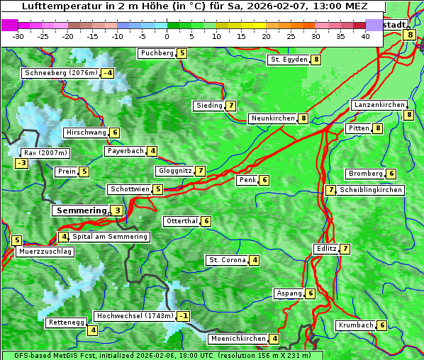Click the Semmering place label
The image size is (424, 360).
pyautogui.click(x=81, y=210)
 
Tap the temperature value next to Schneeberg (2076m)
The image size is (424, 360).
pyautogui.click(x=108, y=73)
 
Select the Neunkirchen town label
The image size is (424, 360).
pyautogui.click(x=273, y=118)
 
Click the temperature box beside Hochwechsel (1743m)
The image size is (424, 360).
pyautogui.click(x=184, y=315)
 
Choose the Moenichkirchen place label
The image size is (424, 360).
pyautogui.click(x=238, y=339)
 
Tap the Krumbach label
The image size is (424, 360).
pyautogui.click(x=355, y=325)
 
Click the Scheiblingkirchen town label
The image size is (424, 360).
pyautogui.click(x=370, y=190)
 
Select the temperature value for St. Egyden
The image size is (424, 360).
pyautogui.click(x=316, y=60)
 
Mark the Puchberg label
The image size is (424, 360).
pyautogui.click(x=157, y=53)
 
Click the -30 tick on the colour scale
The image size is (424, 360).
pyautogui.click(x=18, y=36)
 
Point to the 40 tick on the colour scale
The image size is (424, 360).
pyautogui.click(x=365, y=36)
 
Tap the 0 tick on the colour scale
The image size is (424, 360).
pyautogui.click(x=167, y=36)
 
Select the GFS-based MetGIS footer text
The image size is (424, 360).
pyautogui.click(x=162, y=355)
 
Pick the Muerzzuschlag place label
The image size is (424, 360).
pyautogui.click(x=45, y=252)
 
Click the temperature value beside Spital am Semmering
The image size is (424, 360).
pyautogui.click(x=64, y=237)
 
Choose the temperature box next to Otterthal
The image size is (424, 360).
pyautogui.click(x=206, y=221)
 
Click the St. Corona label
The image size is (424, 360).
pyautogui.click(x=227, y=260)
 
